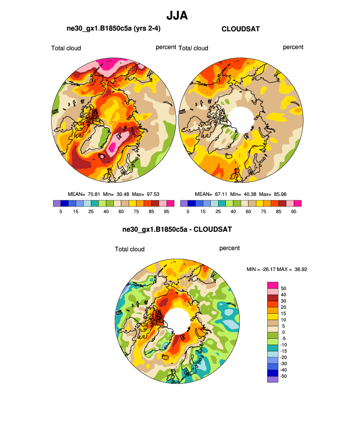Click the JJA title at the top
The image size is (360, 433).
click(x=177, y=16)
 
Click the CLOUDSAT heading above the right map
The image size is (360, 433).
click(x=241, y=29)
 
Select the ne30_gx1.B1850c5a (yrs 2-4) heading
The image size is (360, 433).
click(x=113, y=29)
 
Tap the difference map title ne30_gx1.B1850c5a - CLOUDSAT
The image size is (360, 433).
click(x=177, y=229)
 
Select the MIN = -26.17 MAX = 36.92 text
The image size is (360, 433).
click(x=277, y=269)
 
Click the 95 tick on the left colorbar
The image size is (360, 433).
click(x=167, y=212)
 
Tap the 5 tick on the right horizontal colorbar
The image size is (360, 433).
click(x=188, y=212)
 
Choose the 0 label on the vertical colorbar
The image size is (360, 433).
click(x=282, y=332)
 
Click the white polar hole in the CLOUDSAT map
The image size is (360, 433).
click(x=241, y=118)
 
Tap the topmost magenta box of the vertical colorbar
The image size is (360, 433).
click(x=273, y=285)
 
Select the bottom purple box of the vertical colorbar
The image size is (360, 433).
click(x=273, y=379)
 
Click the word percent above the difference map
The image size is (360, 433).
click(x=229, y=248)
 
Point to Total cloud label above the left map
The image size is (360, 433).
click(x=66, y=48)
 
